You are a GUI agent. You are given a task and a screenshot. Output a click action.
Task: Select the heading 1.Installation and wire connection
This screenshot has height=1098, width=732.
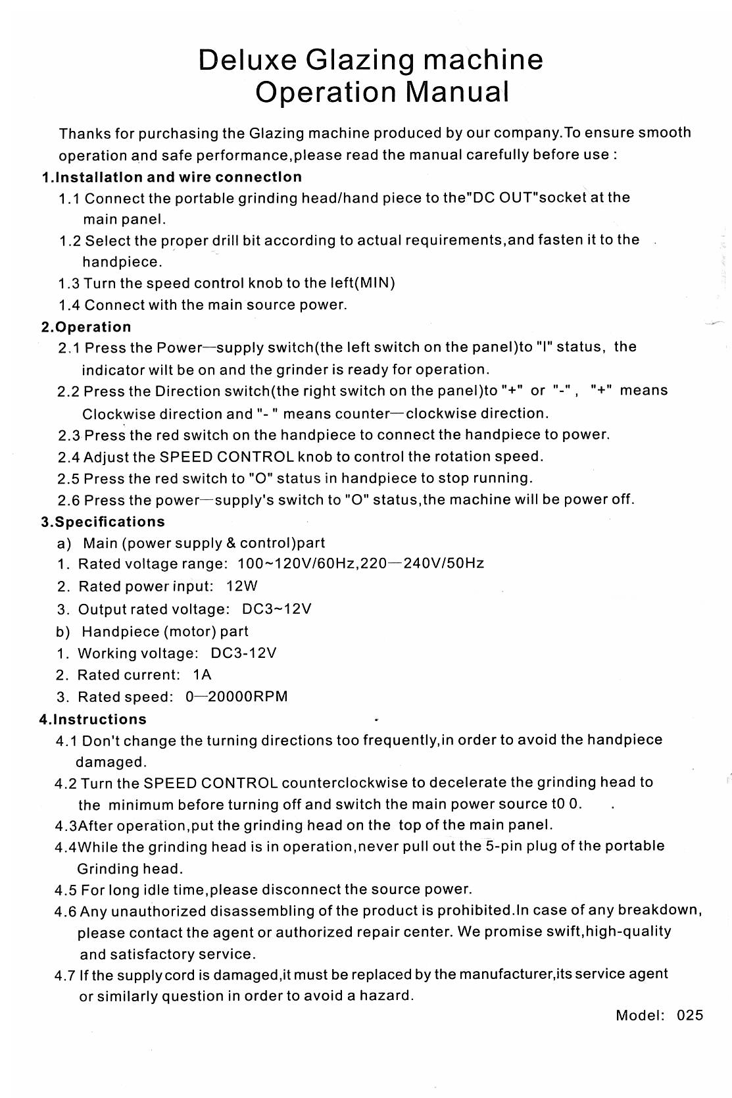[x=172, y=177]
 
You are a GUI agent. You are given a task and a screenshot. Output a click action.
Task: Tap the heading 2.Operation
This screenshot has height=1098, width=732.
[x=86, y=327]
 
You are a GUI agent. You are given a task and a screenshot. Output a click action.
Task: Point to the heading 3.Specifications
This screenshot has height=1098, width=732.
[x=103, y=522]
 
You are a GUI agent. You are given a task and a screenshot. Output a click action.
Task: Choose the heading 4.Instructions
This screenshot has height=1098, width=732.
[x=93, y=719]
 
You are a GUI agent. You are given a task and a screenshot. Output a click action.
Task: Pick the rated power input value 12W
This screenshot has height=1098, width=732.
[x=241, y=586]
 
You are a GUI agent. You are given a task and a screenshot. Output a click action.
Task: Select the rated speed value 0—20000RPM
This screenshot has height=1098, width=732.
[x=237, y=697]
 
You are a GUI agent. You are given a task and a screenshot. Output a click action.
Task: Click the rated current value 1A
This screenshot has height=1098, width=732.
[x=202, y=675]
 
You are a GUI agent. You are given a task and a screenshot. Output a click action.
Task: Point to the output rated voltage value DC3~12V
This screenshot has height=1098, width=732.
[x=276, y=609]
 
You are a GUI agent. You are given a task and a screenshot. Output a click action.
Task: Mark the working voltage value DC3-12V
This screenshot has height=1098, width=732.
[x=243, y=653]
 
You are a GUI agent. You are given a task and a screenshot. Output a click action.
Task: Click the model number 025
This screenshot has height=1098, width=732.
[x=689, y=1015]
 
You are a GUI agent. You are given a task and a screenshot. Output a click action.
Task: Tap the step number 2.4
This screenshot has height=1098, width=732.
[x=68, y=457]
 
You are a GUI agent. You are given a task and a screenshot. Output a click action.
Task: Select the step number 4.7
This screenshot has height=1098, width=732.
[x=65, y=975]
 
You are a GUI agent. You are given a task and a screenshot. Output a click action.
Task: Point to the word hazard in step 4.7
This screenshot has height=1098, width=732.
[x=386, y=996]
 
